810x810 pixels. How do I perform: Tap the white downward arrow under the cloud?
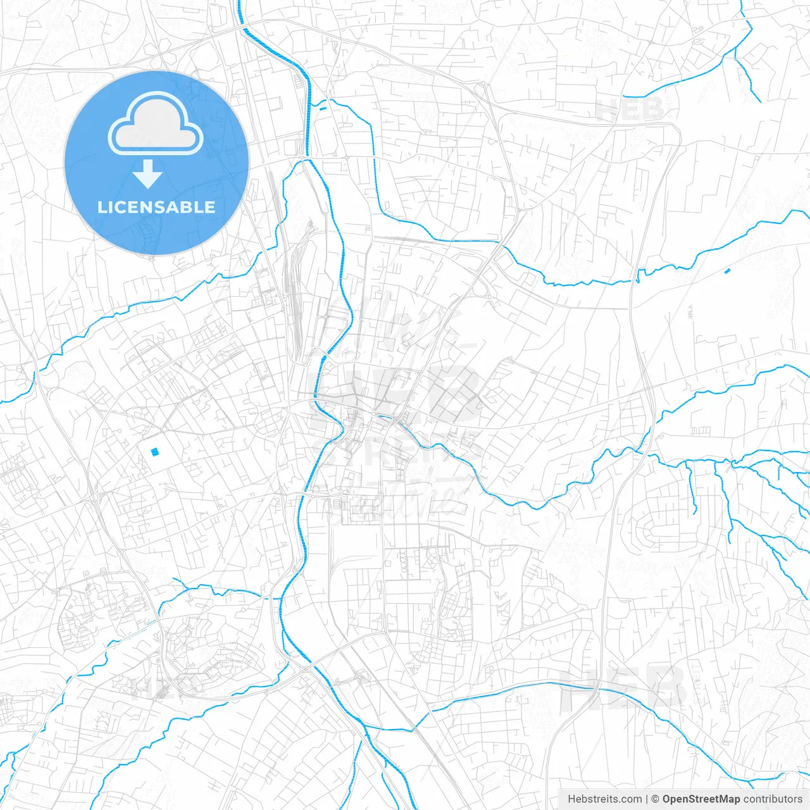click(148, 174)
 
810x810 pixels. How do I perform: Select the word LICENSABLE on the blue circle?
click(156, 207)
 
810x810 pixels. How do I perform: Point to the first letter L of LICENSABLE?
click(101, 207)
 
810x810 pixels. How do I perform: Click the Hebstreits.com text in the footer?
click(604, 799)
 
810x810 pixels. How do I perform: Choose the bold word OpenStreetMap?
click(701, 799)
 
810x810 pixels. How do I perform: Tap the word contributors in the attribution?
click(773, 799)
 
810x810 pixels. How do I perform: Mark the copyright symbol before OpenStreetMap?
click(656, 799)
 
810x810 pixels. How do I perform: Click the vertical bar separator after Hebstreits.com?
click(647, 799)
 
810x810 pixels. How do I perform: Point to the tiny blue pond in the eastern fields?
click(726, 271)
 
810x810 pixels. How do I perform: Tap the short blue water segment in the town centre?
click(383, 417)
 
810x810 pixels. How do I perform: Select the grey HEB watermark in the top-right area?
click(630, 109)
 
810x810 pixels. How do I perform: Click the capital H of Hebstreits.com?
click(571, 799)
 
